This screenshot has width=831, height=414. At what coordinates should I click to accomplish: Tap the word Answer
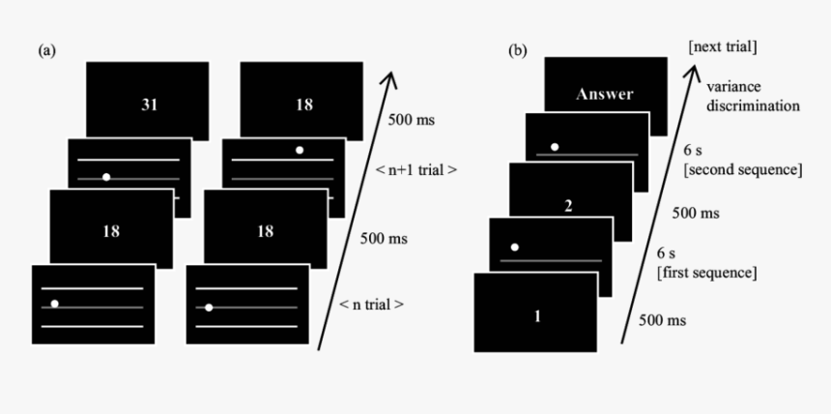604,95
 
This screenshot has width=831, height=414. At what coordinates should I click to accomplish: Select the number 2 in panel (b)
568,205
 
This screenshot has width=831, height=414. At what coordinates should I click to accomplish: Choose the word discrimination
755,104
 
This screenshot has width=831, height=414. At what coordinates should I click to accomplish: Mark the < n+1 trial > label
415,170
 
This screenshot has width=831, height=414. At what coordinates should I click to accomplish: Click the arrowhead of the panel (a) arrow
390,75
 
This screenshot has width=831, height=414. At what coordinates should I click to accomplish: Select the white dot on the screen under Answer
553,147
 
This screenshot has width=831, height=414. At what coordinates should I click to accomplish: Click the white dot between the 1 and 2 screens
515,248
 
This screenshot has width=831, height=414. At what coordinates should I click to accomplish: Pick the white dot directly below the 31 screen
105,177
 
